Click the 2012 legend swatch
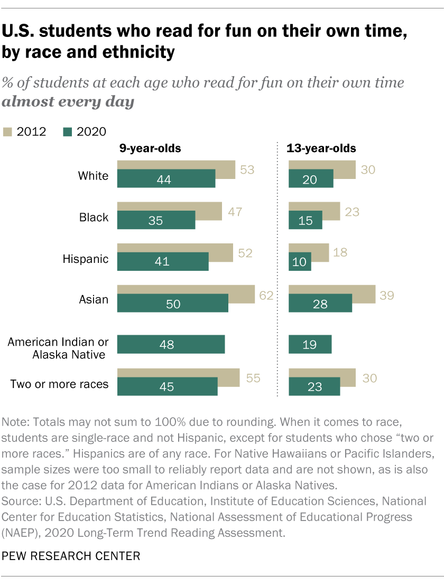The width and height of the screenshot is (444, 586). tap(8, 131)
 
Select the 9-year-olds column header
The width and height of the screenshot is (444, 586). tap(150, 148)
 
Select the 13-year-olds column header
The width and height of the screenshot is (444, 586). tap(321, 148)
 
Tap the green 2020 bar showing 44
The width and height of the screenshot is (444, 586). tap(166, 179)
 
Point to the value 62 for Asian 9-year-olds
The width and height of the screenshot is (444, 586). tap(265, 295)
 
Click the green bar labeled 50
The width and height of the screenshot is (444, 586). tap(172, 304)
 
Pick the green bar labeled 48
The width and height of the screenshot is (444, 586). tap(171, 345)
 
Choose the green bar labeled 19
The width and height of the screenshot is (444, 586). tap(310, 345)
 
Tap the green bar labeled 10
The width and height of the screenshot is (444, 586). tap(300, 262)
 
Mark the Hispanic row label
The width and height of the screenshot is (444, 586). tap(86, 259)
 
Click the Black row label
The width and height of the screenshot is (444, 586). tap(94, 218)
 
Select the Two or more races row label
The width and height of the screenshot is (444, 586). tap(60, 384)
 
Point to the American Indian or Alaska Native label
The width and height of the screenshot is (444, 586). tap(58, 348)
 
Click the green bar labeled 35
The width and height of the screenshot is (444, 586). tap(156, 221)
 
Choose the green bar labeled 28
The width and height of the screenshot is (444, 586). tap(320, 304)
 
